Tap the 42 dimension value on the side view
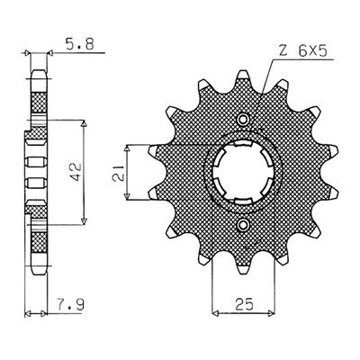click(x=76, y=172)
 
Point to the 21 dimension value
click(x=118, y=173)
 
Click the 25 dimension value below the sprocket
click(x=244, y=304)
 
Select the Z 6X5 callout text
click(x=302, y=51)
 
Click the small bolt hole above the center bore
click(x=243, y=119)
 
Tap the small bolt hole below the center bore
click(x=243, y=224)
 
